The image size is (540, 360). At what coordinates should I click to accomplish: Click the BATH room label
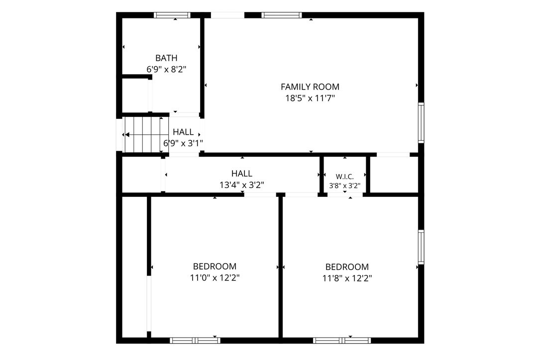(166, 58)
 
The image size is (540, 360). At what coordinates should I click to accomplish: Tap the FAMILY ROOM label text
(310, 87)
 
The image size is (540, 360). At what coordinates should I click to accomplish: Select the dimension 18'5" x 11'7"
(310, 98)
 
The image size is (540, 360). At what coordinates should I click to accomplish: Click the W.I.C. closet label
(345, 177)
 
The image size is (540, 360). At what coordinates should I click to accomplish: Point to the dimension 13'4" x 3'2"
(242, 185)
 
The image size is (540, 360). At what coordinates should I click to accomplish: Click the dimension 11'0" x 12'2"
(215, 278)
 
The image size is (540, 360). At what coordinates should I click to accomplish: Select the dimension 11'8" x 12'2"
(347, 278)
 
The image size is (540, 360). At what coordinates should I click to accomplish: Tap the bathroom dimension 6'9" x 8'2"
(166, 70)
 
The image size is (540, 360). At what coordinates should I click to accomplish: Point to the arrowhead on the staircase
(127, 135)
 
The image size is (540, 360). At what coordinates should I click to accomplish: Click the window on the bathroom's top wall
(172, 15)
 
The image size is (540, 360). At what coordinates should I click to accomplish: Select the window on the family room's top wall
(282, 15)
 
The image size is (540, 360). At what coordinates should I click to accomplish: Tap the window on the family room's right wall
(421, 122)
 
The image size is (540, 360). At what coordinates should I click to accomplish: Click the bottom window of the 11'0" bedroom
(195, 341)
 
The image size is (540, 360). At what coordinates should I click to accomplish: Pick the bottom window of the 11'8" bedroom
(342, 341)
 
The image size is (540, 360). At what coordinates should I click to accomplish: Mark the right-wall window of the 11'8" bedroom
(421, 247)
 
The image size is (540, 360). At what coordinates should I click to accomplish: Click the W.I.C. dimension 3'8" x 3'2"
(345, 186)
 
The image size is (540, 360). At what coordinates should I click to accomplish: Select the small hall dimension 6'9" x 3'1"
(183, 143)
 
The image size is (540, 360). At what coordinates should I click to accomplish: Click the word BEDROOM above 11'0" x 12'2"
(215, 267)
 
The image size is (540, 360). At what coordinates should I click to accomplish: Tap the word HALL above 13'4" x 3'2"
(242, 174)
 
